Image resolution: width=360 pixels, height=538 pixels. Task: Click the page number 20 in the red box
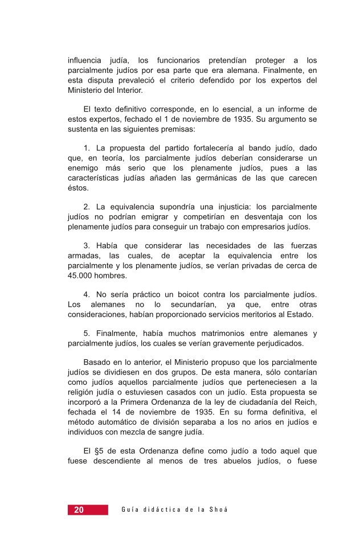click(79, 510)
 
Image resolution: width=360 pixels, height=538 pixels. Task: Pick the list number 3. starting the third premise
click(87, 246)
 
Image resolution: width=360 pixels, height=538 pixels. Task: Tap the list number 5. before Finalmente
click(87, 334)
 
